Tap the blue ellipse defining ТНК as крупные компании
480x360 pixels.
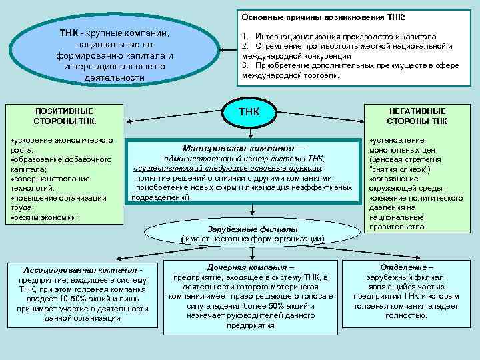(115, 55)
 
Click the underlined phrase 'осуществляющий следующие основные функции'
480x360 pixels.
(237, 169)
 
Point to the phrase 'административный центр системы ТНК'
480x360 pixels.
(245, 159)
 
